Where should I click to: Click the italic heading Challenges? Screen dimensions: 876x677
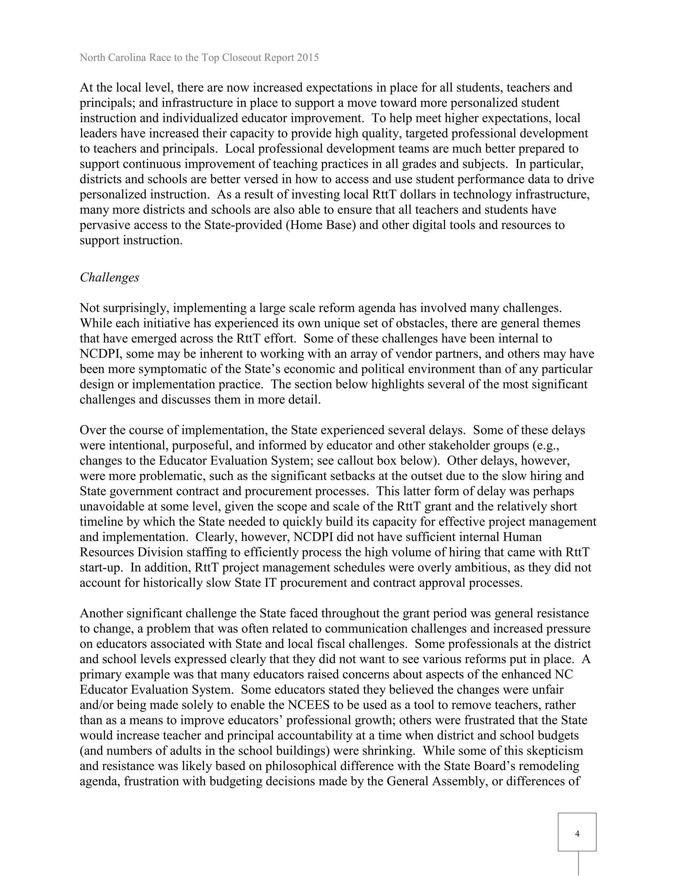(x=109, y=278)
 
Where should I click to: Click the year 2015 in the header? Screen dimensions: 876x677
(x=308, y=58)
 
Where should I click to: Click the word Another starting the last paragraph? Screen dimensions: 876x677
(x=101, y=613)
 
